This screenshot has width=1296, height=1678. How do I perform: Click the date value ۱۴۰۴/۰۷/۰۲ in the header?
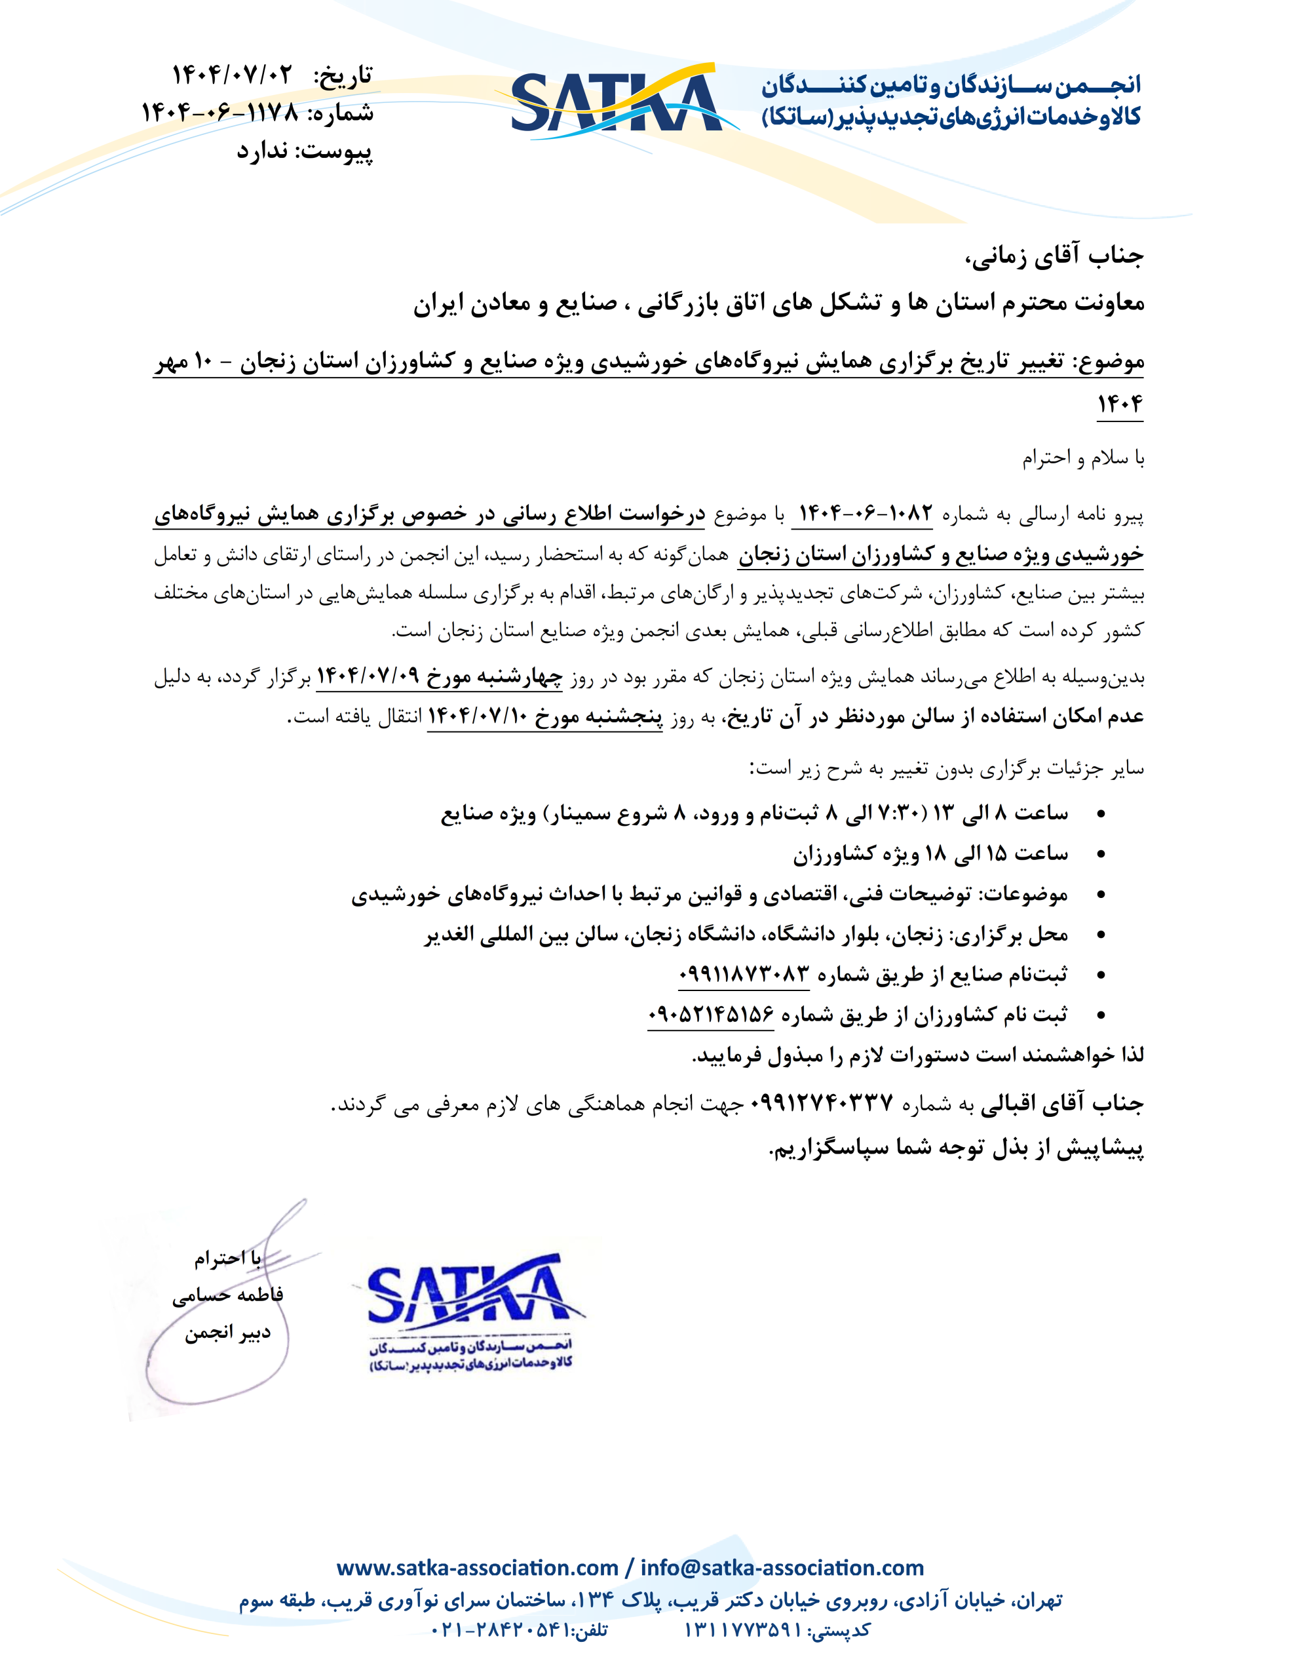click(x=232, y=75)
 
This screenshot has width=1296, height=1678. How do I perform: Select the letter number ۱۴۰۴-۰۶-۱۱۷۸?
click(x=219, y=113)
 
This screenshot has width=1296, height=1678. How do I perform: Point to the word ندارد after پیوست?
click(x=262, y=151)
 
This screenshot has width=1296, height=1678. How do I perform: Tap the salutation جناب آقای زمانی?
click(x=1054, y=256)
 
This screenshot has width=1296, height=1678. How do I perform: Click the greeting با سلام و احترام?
click(x=1082, y=459)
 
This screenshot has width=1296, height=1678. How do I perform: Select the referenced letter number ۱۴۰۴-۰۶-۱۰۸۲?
click(x=866, y=513)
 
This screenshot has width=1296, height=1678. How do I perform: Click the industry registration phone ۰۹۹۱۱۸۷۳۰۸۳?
click(x=744, y=974)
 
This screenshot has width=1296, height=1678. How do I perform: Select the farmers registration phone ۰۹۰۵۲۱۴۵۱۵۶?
click(x=711, y=1014)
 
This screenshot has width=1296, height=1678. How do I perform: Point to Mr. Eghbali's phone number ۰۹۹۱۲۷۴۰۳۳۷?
click(x=821, y=1104)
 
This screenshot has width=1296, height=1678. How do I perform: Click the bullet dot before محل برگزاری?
click(x=1101, y=935)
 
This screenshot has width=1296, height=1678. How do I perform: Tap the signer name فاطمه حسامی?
click(x=227, y=1295)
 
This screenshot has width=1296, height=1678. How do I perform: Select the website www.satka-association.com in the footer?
click(x=477, y=1567)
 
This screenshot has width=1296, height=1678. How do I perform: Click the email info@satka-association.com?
click(x=782, y=1567)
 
